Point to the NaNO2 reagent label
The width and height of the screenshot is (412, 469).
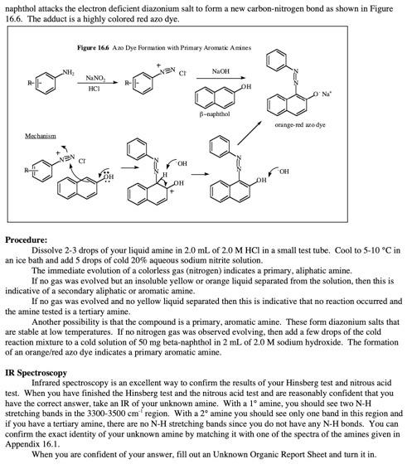tap(95, 76)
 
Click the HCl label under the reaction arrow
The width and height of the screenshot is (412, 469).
tap(95, 88)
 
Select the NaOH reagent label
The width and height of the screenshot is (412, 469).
tap(221, 71)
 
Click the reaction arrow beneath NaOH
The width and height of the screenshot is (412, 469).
tap(221, 81)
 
